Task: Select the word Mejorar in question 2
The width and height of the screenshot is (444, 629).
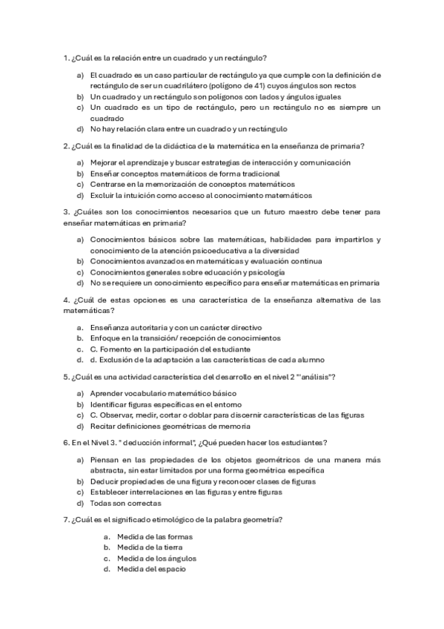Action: coord(105,162)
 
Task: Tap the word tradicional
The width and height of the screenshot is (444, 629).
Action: coord(257,174)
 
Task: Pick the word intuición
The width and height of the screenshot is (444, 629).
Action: coord(151,196)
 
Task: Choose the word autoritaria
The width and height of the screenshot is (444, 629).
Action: coord(146,327)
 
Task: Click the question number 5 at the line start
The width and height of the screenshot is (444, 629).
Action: coord(65,377)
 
